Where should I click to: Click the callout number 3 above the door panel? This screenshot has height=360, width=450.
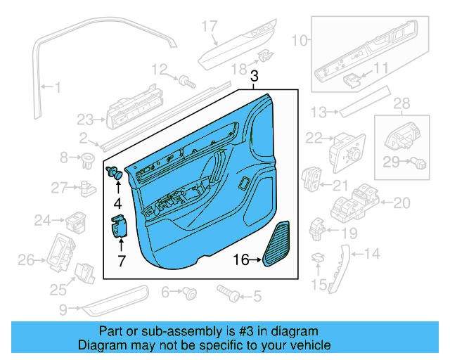[255, 76]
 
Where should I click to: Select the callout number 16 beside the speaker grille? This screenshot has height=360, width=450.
[241, 260]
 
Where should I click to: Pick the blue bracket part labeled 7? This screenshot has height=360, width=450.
[117, 228]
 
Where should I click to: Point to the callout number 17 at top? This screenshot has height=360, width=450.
[210, 27]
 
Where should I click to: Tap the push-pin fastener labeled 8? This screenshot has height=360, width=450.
[88, 157]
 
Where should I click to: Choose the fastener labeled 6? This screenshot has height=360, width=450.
[188, 291]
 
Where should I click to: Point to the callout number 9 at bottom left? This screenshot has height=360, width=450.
[64, 309]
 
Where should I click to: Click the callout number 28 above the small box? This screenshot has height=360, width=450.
[400, 105]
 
